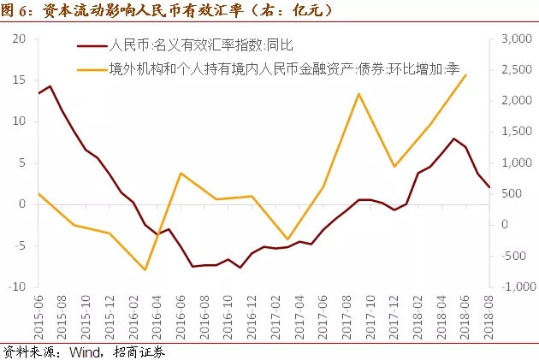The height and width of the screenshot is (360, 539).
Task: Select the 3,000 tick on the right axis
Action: coord(513,39)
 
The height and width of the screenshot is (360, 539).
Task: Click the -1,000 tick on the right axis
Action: coord(512,287)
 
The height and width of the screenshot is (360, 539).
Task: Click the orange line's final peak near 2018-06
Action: coord(465,74)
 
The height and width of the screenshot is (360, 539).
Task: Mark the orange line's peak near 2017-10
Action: coord(358,93)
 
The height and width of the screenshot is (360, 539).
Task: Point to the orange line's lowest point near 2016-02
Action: coord(145,269)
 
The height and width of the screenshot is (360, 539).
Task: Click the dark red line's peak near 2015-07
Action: coord(50,86)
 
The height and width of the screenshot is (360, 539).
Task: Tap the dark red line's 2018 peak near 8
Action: coord(453,139)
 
